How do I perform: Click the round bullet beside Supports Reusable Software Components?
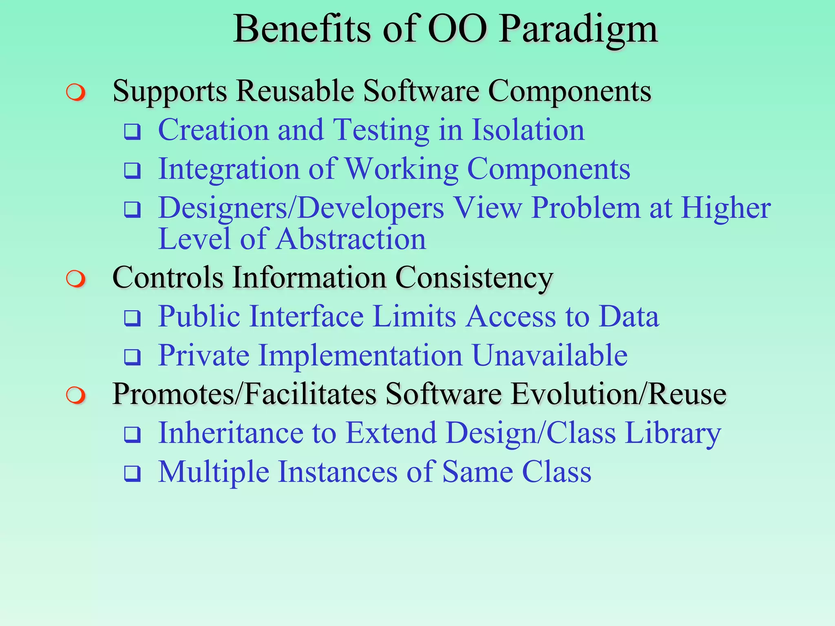pos(76,93)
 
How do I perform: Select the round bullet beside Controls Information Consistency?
pos(76,279)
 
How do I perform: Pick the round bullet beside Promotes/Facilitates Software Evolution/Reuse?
pos(76,396)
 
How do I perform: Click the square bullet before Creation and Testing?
pos(133,132)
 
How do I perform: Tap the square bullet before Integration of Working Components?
pos(133,171)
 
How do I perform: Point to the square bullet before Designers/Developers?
pos(133,210)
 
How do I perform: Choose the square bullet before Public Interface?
pos(133,318)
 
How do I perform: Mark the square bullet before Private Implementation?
pos(133,357)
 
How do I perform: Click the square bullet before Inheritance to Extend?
pos(133,435)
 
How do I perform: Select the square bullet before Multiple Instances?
pos(133,474)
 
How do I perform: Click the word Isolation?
pos(528,130)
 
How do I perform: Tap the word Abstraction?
pos(351,239)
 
